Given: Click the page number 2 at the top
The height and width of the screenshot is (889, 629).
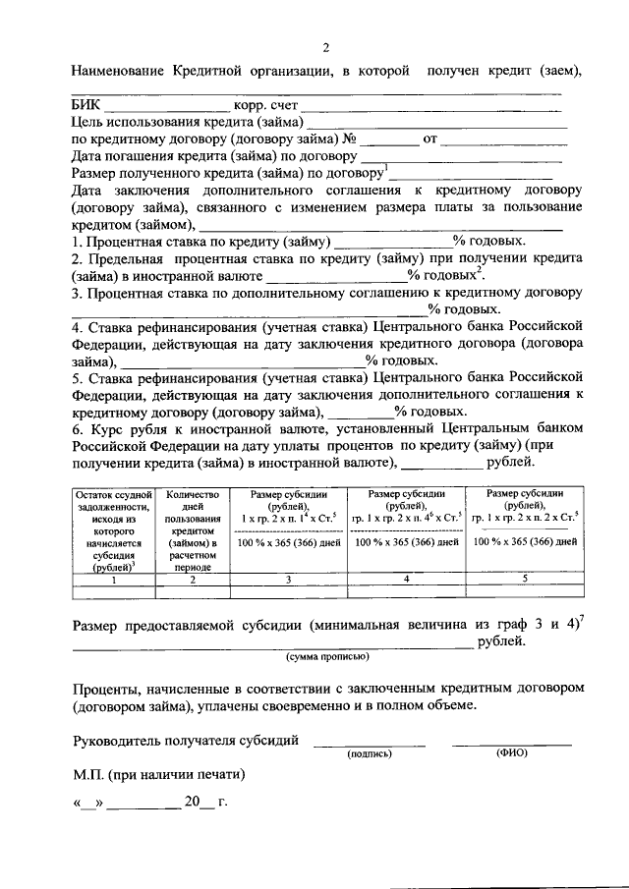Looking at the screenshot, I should click(325, 47).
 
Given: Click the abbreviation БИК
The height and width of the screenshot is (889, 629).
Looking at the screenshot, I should click(86, 106).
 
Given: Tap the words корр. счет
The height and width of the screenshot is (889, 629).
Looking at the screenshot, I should click(265, 106).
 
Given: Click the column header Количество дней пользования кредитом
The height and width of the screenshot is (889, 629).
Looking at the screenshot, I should click(192, 530).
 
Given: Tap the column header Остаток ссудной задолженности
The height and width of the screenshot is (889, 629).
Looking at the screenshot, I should click(114, 530).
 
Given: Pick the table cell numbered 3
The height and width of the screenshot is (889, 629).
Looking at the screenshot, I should click(288, 581).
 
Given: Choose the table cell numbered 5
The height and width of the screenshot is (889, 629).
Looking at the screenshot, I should click(525, 580).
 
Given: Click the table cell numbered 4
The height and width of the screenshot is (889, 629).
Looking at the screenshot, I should click(407, 580).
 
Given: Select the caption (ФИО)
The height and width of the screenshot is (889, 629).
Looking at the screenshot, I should click(513, 753).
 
